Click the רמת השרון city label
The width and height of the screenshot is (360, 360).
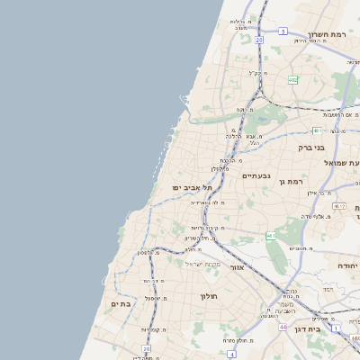327,34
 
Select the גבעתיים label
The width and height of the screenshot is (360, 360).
256,176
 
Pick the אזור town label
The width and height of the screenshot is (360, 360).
238,267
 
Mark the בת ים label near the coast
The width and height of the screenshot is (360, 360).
121,304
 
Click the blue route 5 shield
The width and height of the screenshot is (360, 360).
282,31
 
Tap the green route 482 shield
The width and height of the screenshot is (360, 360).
292,80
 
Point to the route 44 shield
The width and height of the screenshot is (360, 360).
283,328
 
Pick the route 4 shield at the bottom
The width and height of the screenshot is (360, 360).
231,355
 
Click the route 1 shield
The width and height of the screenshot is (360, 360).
336,328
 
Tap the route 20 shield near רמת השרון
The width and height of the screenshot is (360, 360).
258,40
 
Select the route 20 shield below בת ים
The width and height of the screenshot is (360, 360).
146,348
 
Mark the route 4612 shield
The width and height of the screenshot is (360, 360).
338,206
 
